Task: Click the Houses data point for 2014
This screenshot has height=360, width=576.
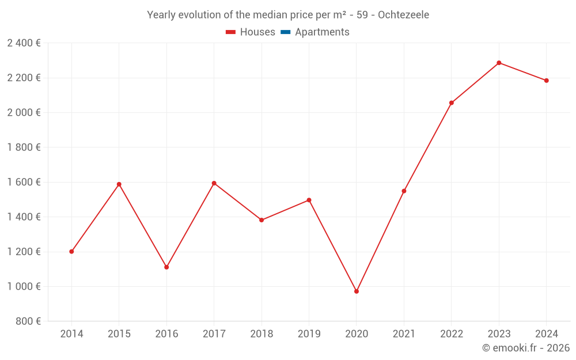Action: [71, 252]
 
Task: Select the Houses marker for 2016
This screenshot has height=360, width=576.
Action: [166, 267]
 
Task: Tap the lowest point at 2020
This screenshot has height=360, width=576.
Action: [357, 291]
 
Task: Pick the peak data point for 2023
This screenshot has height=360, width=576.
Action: [499, 63]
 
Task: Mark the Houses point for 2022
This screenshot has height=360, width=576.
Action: [452, 103]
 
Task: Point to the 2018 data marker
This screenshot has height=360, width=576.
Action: [262, 220]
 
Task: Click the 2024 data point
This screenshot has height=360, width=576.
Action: [547, 81]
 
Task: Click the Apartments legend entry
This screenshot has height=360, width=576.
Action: [322, 32]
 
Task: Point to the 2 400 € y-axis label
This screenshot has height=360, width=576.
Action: [24, 43]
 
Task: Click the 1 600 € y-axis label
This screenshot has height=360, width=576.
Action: [24, 182]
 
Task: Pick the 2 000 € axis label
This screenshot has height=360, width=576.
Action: [24, 113]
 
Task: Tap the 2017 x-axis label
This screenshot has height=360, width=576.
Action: [214, 334]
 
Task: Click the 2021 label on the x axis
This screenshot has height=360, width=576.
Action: [404, 334]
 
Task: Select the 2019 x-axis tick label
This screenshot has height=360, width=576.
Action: [309, 334]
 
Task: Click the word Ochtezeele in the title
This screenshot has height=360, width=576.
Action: [403, 15]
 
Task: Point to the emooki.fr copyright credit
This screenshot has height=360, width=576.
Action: [526, 348]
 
